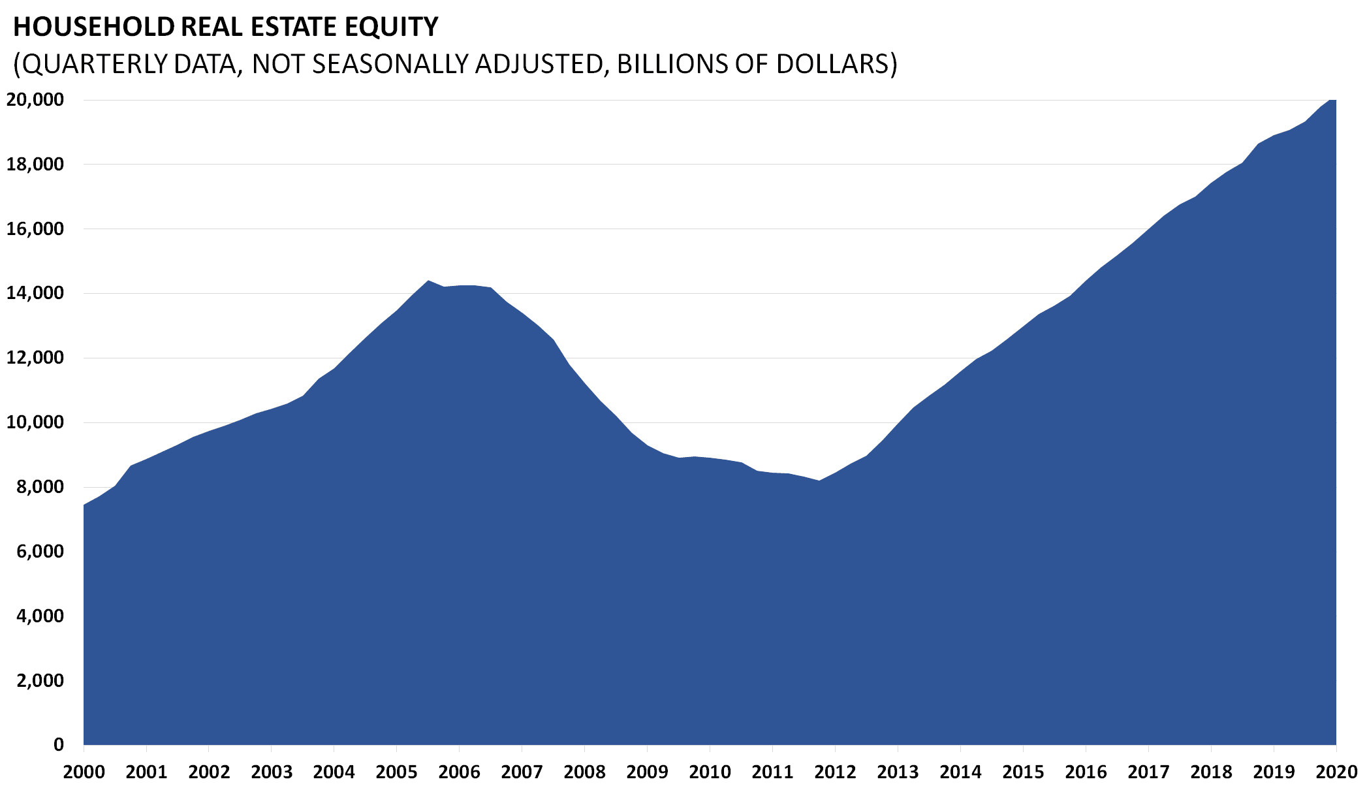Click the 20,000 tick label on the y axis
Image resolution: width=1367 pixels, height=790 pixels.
[35, 100]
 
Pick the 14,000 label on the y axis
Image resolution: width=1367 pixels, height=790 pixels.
[35, 293]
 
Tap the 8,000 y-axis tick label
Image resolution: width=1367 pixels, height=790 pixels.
[40, 487]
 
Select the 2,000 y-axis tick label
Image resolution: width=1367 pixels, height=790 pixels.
[40, 680]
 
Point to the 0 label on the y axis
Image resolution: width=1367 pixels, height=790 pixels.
[59, 744]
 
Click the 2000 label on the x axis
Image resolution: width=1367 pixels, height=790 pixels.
[84, 772]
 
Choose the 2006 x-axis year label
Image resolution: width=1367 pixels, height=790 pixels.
[460, 772]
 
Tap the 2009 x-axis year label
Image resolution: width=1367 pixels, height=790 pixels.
[647, 772]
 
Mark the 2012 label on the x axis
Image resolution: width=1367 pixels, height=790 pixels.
[835, 772]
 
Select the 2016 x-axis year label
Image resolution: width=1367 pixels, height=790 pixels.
[1086, 772]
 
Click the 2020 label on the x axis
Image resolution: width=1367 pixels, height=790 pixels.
[1336, 772]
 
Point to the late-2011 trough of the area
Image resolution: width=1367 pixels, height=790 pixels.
[819, 481]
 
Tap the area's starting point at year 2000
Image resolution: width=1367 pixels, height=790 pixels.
[84, 505]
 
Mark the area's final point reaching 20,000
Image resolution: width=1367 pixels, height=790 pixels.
[1336, 100]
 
